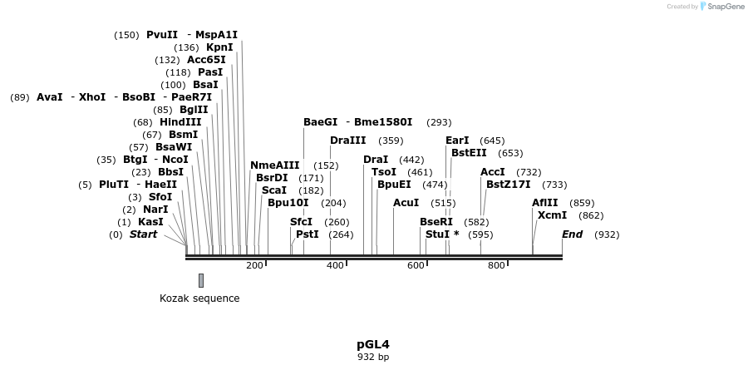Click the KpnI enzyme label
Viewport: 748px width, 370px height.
click(219, 47)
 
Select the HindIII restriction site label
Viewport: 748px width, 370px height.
click(180, 122)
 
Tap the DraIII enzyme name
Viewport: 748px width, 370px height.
click(347, 141)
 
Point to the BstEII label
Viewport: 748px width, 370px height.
click(469, 153)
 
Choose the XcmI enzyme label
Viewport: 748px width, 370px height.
click(552, 215)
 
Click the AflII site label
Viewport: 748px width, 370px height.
click(545, 203)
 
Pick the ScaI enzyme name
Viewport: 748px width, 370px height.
click(273, 190)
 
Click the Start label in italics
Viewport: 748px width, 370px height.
click(143, 234)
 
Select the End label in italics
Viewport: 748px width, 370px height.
click(572, 234)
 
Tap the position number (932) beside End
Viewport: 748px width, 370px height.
click(607, 234)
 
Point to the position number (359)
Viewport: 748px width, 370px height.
click(391, 141)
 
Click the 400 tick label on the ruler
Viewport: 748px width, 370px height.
click(335, 265)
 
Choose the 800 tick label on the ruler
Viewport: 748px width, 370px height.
click(496, 265)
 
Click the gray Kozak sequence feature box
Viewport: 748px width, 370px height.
click(201, 280)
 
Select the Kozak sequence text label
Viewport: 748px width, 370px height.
click(199, 298)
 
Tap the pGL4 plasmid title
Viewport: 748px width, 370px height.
click(373, 343)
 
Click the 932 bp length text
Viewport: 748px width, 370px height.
click(373, 357)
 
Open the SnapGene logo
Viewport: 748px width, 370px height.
click(720, 7)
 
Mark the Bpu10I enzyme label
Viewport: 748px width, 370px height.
click(288, 203)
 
